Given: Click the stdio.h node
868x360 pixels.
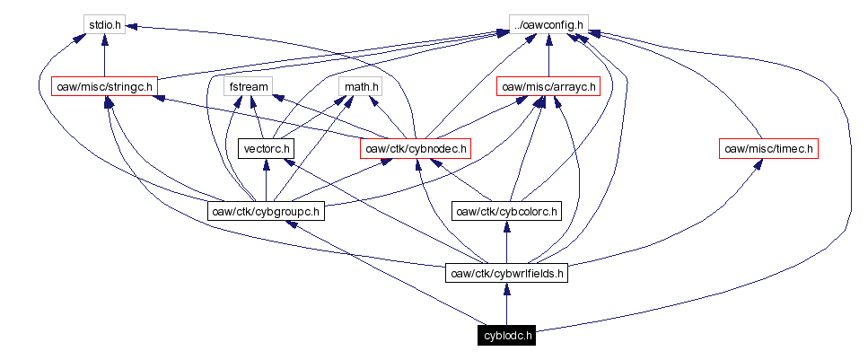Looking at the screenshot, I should pyautogui.click(x=105, y=24).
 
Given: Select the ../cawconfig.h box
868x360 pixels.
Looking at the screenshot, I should pyautogui.click(x=548, y=24).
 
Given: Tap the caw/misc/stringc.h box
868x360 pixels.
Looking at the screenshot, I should pyautogui.click(x=104, y=87).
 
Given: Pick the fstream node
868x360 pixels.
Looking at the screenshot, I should pyautogui.click(x=250, y=87).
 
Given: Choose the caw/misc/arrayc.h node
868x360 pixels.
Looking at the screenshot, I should pyautogui.click(x=548, y=87).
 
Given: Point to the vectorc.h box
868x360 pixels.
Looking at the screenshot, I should pyautogui.click(x=266, y=148).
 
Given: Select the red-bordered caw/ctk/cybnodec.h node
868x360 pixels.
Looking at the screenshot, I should pyautogui.click(x=416, y=148).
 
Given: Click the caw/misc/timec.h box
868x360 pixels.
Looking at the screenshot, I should pyautogui.click(x=769, y=148).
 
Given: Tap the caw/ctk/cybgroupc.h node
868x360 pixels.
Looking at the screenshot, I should pyautogui.click(x=265, y=212).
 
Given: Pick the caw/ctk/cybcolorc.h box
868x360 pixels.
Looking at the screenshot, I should pyautogui.click(x=506, y=212).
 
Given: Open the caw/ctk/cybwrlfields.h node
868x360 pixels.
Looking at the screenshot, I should pyautogui.click(x=507, y=273).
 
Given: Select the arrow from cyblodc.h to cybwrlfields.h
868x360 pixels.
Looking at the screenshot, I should pyautogui.click(x=507, y=304).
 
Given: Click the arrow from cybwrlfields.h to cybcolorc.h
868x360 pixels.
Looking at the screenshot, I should pyautogui.click(x=507, y=242).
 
